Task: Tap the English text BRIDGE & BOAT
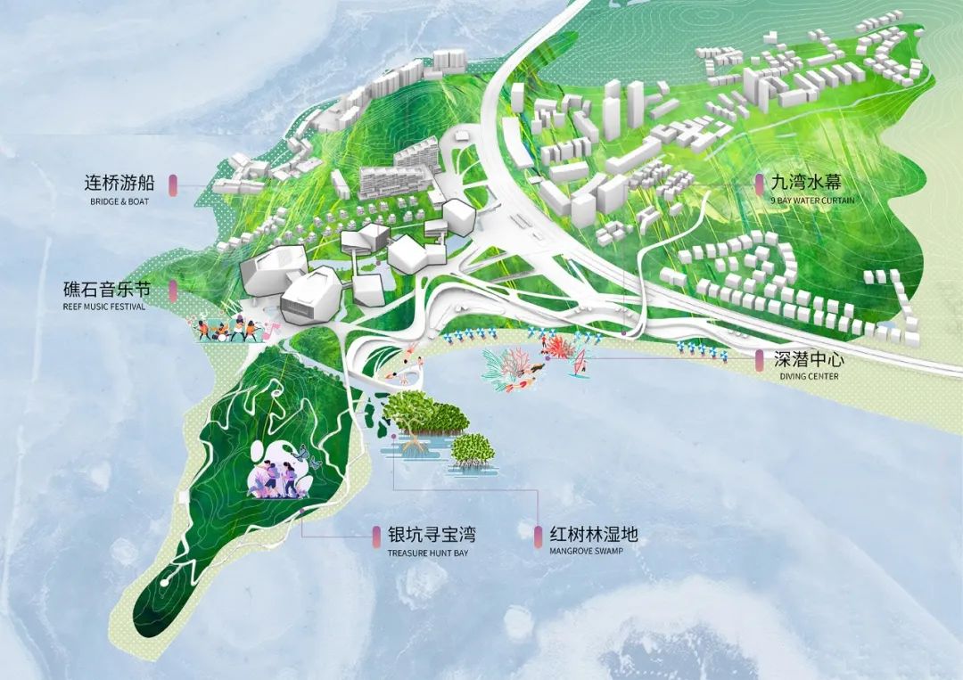click(119, 202)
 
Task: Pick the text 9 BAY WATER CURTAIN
click(812, 201)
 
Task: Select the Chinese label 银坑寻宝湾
click(431, 535)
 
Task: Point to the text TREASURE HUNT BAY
click(427, 553)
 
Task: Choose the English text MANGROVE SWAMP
click(586, 552)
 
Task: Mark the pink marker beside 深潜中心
click(758, 360)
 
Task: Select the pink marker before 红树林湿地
click(538, 536)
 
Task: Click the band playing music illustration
click(230, 330)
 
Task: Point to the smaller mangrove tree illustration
click(471, 449)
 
